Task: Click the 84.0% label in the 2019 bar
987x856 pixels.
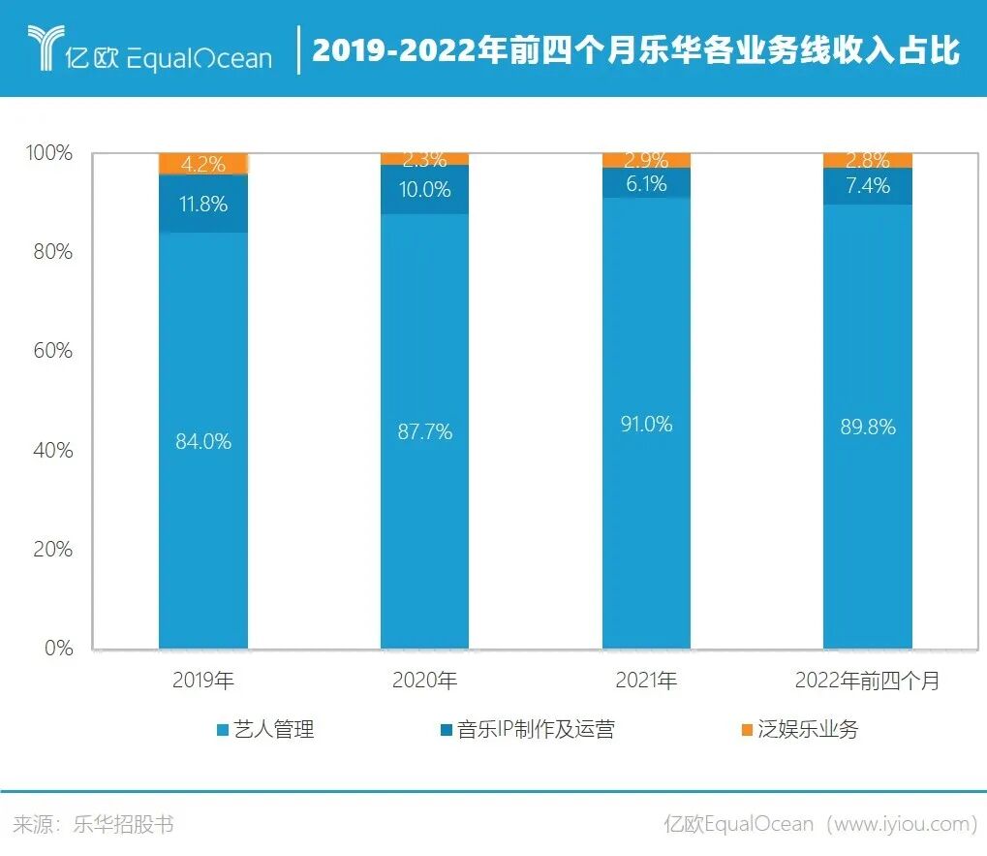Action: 203,441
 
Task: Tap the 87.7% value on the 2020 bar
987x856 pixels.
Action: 424,431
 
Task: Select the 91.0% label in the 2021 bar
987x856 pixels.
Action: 645,425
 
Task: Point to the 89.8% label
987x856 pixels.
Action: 867,428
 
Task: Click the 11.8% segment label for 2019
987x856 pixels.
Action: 203,204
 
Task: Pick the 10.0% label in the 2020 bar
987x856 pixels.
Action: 424,190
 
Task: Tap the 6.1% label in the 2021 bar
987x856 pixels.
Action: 645,183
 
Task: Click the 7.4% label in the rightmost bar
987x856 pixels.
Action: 867,185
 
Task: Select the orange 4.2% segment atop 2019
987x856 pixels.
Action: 203,163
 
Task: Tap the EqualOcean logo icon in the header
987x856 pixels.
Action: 44,48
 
